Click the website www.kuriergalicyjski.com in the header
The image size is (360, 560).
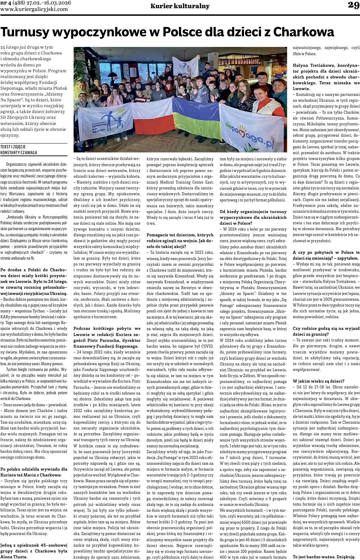point(35,10)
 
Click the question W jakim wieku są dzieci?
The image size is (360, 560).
point(319,381)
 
